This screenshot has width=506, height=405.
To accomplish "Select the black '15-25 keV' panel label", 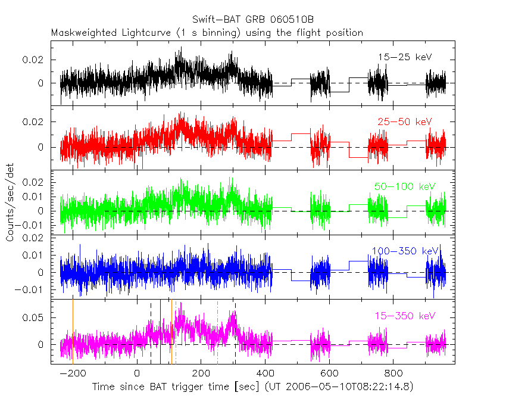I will tap(404, 57).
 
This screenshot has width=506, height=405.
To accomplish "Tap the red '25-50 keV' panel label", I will tap(404, 121).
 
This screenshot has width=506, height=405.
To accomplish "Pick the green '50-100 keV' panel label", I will tap(404, 186).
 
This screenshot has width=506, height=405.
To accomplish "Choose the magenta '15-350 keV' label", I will tap(404, 316).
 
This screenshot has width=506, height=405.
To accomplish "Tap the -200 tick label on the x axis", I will tap(73, 374).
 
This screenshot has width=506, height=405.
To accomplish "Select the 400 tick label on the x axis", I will tap(264, 374).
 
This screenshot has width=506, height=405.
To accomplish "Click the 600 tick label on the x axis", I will tap(329, 374).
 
